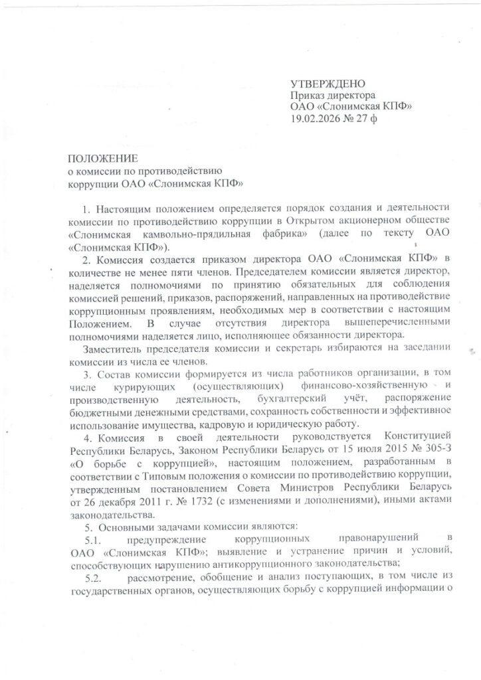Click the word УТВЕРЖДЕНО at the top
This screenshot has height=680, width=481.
tap(328, 84)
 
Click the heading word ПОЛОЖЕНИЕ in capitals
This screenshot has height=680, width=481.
tap(102, 158)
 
